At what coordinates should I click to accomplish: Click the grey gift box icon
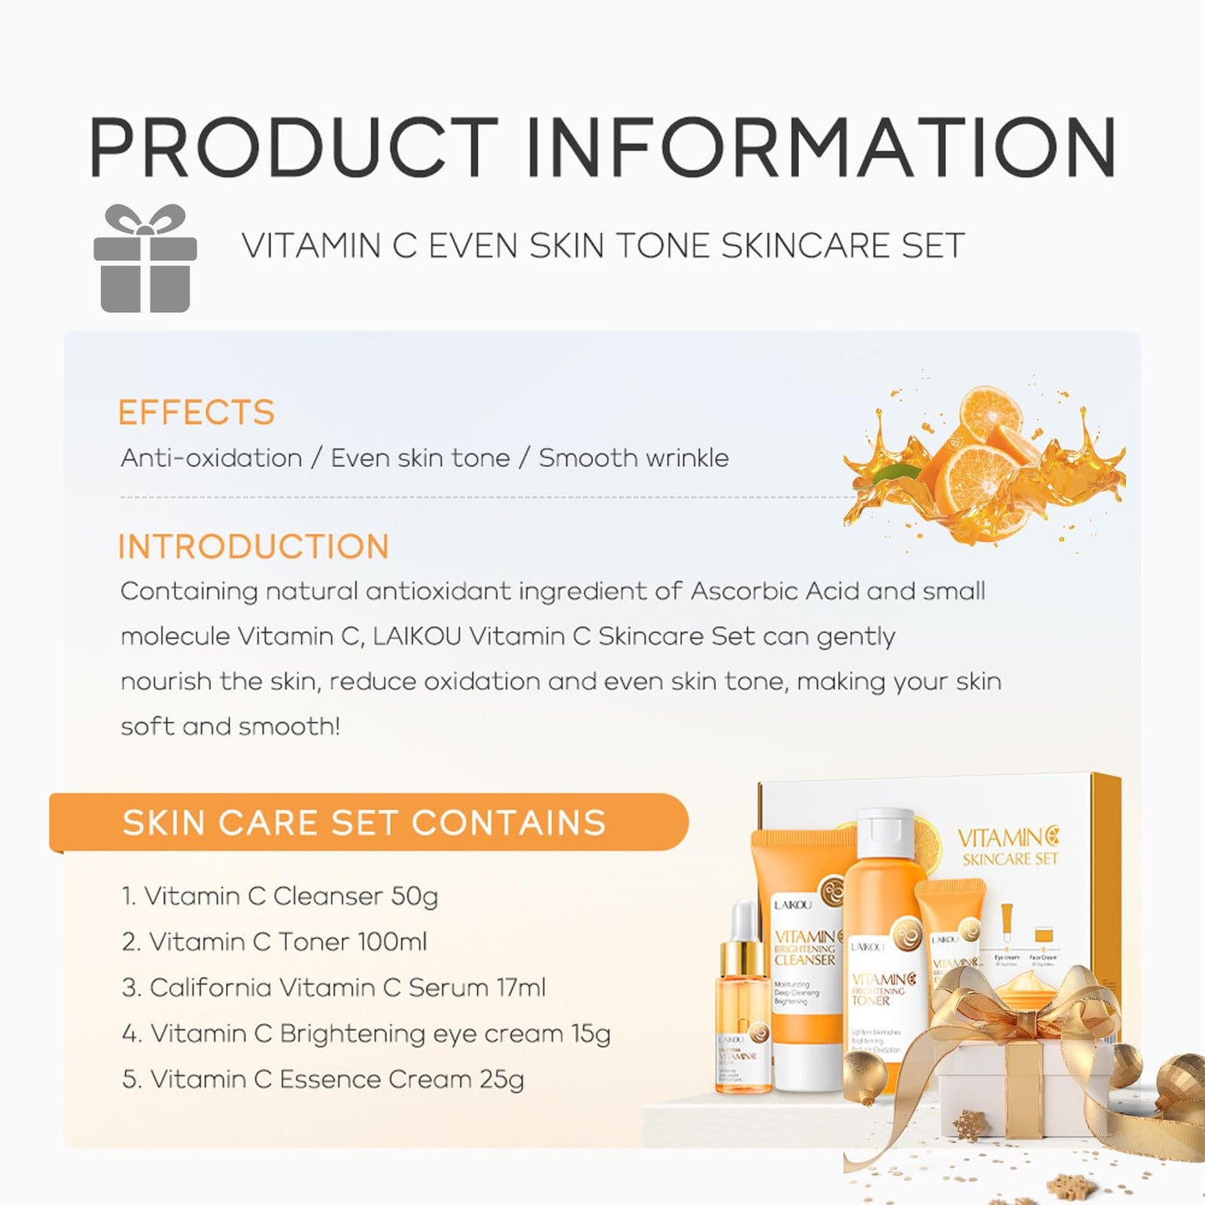click(x=145, y=259)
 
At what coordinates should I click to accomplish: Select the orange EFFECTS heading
click(x=196, y=412)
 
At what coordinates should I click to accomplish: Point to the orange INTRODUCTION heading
click(x=254, y=546)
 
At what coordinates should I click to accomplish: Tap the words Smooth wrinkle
click(x=633, y=458)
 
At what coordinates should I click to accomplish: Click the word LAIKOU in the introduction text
click(x=416, y=636)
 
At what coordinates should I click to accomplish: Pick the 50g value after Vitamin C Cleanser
click(x=414, y=896)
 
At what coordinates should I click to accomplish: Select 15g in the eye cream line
click(x=590, y=1034)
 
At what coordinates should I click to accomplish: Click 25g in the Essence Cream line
click(x=501, y=1080)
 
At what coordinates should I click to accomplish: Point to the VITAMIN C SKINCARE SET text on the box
click(x=1008, y=846)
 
